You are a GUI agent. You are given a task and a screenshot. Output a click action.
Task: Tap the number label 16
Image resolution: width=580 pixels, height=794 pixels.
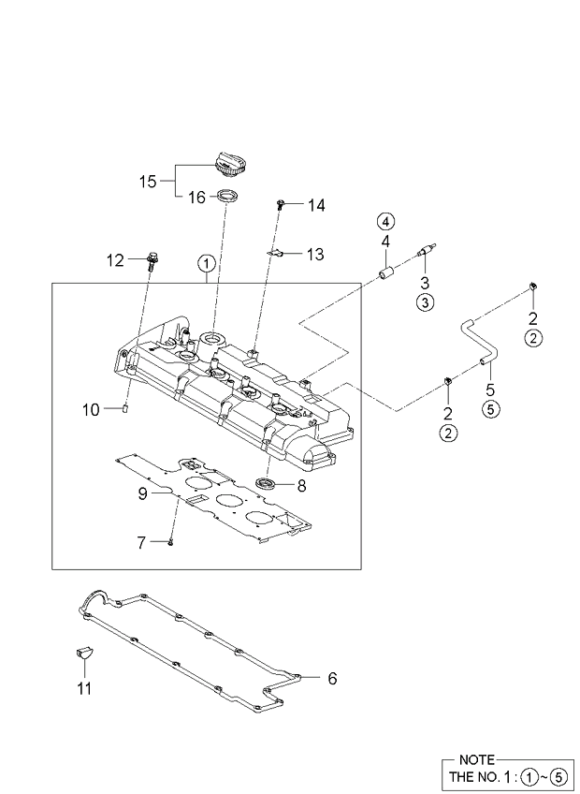(196, 197)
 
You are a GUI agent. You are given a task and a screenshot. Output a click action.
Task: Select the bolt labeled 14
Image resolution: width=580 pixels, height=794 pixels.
(280, 203)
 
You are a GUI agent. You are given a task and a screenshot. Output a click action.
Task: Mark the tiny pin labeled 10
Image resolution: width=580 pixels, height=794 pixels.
(124, 407)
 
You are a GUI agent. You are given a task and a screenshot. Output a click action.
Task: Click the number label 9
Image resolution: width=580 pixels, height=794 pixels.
(144, 493)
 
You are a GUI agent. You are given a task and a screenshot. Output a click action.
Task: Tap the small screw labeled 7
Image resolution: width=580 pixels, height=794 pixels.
(171, 540)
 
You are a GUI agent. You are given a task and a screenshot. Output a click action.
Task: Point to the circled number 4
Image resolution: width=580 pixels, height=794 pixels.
(385, 222)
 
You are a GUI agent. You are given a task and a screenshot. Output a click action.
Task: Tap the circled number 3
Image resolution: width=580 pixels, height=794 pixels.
(425, 301)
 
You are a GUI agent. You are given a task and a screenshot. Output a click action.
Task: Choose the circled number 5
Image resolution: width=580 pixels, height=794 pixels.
(490, 407)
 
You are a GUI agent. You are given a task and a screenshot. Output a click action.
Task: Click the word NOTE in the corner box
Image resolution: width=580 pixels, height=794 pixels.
(476, 759)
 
